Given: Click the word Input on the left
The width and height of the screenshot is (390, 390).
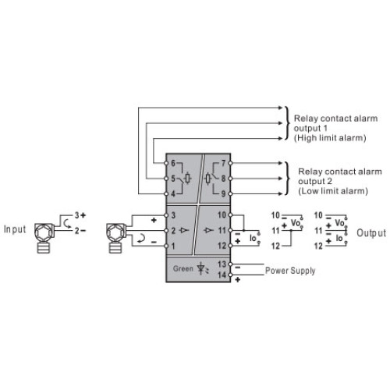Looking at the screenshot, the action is click(15, 229).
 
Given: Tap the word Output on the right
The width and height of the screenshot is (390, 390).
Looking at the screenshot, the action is click(371, 233).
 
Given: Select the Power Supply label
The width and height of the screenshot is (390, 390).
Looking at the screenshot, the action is click(290, 271).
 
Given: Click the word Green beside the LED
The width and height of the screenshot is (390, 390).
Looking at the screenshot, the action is click(183, 268).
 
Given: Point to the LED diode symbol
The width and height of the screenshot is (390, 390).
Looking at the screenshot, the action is click(201, 269).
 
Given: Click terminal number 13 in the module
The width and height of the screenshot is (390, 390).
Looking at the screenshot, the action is click(222, 264).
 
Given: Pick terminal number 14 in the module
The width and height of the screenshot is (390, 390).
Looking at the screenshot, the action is click(222, 275).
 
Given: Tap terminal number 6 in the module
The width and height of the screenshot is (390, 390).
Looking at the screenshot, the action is click(173, 163).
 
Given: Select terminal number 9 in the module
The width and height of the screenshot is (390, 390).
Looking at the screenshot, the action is click(223, 193).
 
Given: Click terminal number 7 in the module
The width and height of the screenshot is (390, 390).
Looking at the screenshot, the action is click(223, 163).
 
